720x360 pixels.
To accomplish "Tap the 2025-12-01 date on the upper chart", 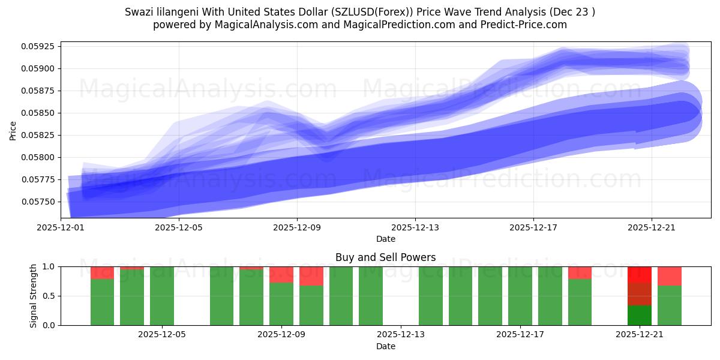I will (x=61, y=228).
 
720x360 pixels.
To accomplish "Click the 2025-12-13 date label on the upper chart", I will (x=415, y=228).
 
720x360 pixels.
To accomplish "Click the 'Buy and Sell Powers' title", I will (x=385, y=257).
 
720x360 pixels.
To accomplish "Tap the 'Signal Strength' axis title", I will (x=34, y=296).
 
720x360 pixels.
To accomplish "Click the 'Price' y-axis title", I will (x=13, y=130).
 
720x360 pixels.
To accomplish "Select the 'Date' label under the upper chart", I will (x=385, y=239).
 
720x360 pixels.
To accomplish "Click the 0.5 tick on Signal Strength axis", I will (x=49, y=296).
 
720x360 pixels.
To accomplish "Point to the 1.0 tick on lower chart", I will (x=49, y=266).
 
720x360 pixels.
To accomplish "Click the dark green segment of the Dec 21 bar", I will (x=640, y=316).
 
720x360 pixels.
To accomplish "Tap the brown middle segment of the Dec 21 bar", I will (x=640, y=294).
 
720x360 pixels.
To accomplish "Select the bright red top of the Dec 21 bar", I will (x=640, y=274).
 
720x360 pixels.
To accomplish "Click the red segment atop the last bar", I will (x=669, y=275).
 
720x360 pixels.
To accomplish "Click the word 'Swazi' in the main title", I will (x=138, y=12).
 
